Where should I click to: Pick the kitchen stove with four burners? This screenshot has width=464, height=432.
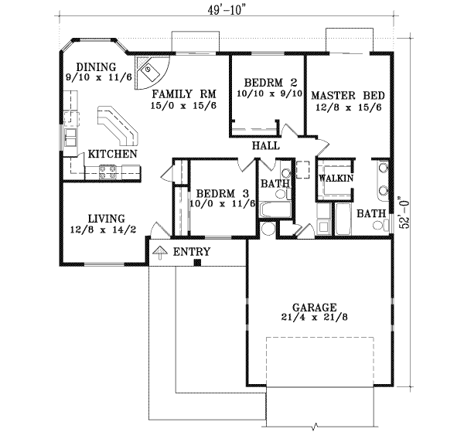point(108,172)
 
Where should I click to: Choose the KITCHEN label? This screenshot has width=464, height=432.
point(113,155)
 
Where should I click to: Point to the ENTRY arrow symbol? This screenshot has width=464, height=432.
point(160,251)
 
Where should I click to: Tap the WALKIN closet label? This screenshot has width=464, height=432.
point(336,179)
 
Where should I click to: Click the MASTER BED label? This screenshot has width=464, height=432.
point(347,96)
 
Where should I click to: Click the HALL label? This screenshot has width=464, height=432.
point(265,146)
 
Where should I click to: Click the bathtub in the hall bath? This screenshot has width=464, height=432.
point(274,210)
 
